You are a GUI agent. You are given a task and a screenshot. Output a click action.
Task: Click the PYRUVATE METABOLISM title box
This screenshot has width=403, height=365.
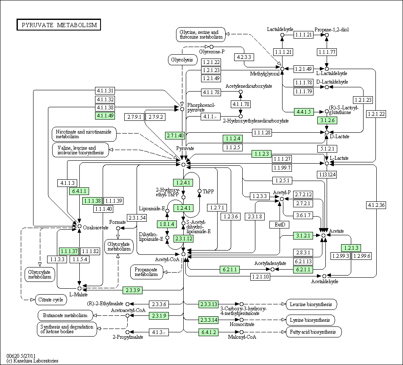[x=59, y=25]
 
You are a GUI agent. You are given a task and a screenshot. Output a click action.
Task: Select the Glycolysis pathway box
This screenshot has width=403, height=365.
[x=182, y=60]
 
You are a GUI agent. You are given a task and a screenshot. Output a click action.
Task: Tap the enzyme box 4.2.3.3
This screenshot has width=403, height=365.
[x=244, y=57]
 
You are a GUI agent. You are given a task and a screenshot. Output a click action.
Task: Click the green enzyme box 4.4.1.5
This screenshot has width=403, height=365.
[x=304, y=112]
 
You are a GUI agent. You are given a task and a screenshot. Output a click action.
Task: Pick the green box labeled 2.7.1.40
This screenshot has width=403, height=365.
[x=175, y=135]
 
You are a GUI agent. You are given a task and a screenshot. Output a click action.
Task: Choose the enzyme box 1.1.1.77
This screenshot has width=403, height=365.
[x=327, y=52]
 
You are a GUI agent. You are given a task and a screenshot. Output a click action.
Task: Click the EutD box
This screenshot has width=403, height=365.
[x=280, y=225]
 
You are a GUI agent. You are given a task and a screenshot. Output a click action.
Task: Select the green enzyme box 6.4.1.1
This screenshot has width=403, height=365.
[x=79, y=191]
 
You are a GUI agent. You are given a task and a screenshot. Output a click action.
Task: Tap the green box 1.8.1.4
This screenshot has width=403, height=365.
[x=167, y=224]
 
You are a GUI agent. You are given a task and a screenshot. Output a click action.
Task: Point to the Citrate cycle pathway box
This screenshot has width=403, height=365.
[x=50, y=300]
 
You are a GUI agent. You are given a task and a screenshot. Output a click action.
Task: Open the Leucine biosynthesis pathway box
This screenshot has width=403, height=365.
[x=311, y=304]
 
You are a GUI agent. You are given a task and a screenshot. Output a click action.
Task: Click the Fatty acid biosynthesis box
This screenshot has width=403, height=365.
[x=313, y=332]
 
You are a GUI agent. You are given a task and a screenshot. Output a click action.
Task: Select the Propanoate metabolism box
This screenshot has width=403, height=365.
[x=146, y=272]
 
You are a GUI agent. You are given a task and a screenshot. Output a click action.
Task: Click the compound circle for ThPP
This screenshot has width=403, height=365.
[x=199, y=191]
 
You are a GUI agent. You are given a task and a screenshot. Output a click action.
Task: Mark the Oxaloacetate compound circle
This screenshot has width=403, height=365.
[x=79, y=226]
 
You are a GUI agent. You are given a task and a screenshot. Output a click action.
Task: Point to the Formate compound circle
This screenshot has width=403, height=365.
[x=118, y=228]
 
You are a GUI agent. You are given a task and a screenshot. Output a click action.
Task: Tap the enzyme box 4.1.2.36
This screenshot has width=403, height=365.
[x=376, y=205]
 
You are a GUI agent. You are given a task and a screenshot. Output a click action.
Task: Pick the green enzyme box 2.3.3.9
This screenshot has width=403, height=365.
[x=133, y=290]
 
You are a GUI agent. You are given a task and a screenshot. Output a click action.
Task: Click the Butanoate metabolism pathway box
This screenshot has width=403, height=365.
[x=65, y=315]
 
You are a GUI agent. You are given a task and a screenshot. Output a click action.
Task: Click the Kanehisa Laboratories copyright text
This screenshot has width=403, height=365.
[x=32, y=361]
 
